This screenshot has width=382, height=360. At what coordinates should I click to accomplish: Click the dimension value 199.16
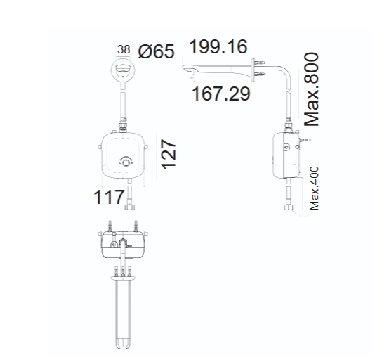pos(218,46)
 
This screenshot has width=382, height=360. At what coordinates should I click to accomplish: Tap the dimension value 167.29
pos(221,94)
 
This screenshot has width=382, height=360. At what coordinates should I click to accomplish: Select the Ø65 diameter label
pos(156,51)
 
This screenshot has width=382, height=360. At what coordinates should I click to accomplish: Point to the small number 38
pos(124,49)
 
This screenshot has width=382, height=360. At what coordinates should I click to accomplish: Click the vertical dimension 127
pos(169,154)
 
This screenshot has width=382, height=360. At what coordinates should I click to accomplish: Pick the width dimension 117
pos(109,197)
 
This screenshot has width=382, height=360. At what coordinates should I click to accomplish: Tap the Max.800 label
pos(312,89)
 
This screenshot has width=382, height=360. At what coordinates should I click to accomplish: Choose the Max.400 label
pos(315,188)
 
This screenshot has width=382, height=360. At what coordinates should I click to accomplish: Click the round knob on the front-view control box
pos(126,162)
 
